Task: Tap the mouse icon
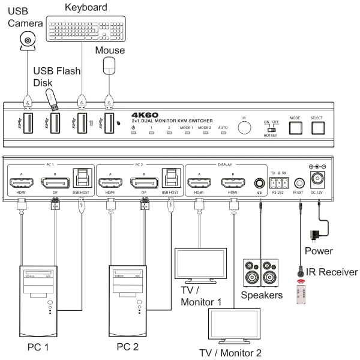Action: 109,65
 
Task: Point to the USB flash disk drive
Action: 53,100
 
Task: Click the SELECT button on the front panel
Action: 317,128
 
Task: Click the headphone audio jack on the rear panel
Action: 260,182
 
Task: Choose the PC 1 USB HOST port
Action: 82,178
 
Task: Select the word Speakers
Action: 262,295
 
